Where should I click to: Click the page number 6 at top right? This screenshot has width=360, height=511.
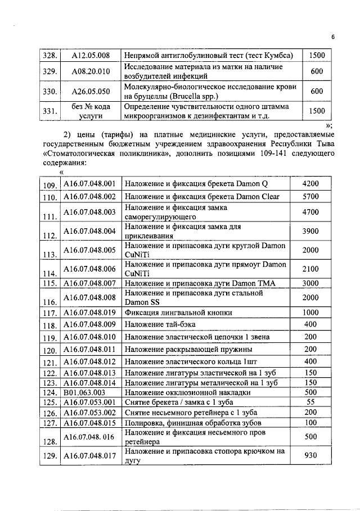[333, 38]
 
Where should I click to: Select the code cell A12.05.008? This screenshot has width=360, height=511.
[91, 55]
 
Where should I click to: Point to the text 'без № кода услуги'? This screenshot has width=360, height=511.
[91, 111]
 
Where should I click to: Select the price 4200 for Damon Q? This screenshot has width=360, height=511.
[310, 183]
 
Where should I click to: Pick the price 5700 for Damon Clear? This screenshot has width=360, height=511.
[310, 197]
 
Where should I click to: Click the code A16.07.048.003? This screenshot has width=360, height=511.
[89, 212]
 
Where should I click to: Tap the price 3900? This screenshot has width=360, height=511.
[310, 230]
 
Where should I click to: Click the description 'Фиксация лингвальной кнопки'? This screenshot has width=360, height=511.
[178, 313]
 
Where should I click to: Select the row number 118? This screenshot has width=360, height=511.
[51, 325]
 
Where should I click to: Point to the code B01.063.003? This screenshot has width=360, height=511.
[84, 391]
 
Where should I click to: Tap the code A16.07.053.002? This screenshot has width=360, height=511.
[89, 413]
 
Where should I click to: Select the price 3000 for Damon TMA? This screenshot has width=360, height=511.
[310, 282]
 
